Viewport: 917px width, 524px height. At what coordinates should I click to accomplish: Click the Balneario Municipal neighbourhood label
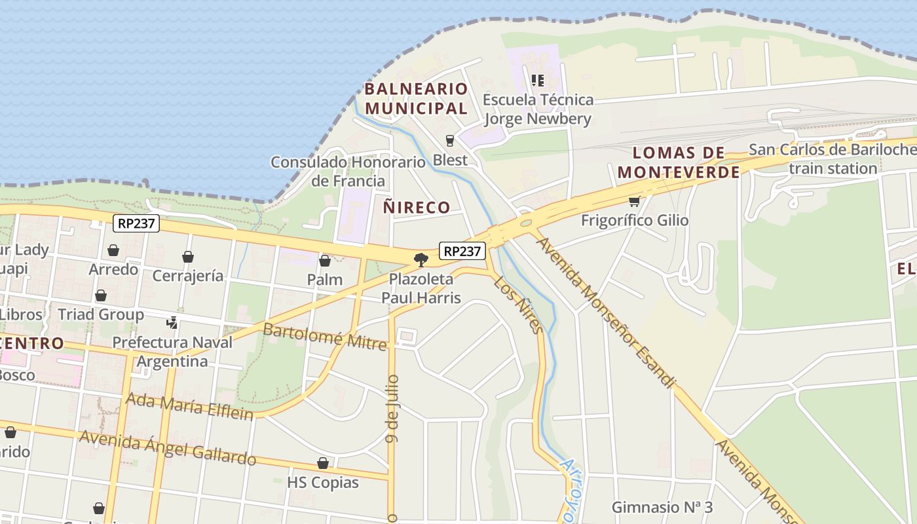coord(416,98)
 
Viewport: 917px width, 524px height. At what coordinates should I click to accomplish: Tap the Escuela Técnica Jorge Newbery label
coord(538,109)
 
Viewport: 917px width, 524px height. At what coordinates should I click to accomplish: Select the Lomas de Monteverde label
coord(679,162)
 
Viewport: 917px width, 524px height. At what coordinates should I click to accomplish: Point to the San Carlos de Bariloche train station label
coord(833,159)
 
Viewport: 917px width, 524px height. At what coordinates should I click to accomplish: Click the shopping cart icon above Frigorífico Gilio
coord(633,202)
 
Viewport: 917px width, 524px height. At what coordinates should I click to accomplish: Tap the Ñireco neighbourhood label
coord(417,208)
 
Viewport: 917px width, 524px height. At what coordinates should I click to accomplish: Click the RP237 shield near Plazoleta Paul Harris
coord(463,251)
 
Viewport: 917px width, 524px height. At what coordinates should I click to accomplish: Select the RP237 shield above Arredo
coord(136,223)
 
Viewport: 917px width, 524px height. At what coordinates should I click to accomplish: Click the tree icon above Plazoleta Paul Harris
coord(421,260)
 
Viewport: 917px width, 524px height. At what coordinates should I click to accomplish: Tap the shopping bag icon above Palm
coord(325,261)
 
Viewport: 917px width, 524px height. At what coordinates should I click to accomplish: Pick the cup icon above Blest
coord(450,140)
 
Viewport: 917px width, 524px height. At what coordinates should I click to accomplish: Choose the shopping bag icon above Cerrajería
coord(188,257)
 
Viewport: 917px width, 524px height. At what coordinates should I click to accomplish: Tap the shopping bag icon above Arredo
coord(113,250)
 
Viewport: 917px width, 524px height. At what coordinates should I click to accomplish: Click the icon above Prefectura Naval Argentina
coord(172,322)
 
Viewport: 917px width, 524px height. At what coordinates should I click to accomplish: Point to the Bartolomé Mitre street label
coord(324,335)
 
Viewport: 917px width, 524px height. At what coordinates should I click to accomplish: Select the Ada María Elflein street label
coord(189,405)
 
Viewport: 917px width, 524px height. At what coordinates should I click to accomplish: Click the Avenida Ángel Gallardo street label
coord(167,447)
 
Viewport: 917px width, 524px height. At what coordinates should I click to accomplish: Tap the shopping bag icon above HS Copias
coord(323,464)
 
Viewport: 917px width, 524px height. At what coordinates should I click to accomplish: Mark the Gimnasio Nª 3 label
coord(662,507)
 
